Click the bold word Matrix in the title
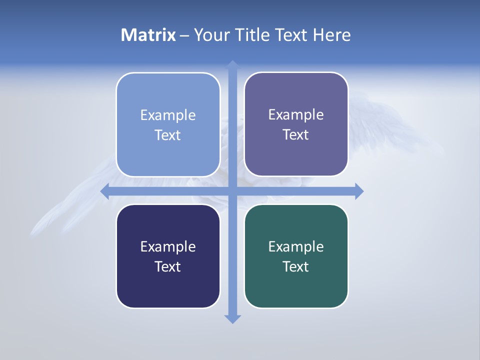click(148, 35)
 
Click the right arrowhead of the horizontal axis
click(359, 191)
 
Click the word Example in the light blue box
click(168, 115)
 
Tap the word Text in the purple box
click(296, 135)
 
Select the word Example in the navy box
click(168, 247)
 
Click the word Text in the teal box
click(296, 267)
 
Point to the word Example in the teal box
click(296, 247)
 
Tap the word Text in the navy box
click(168, 267)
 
